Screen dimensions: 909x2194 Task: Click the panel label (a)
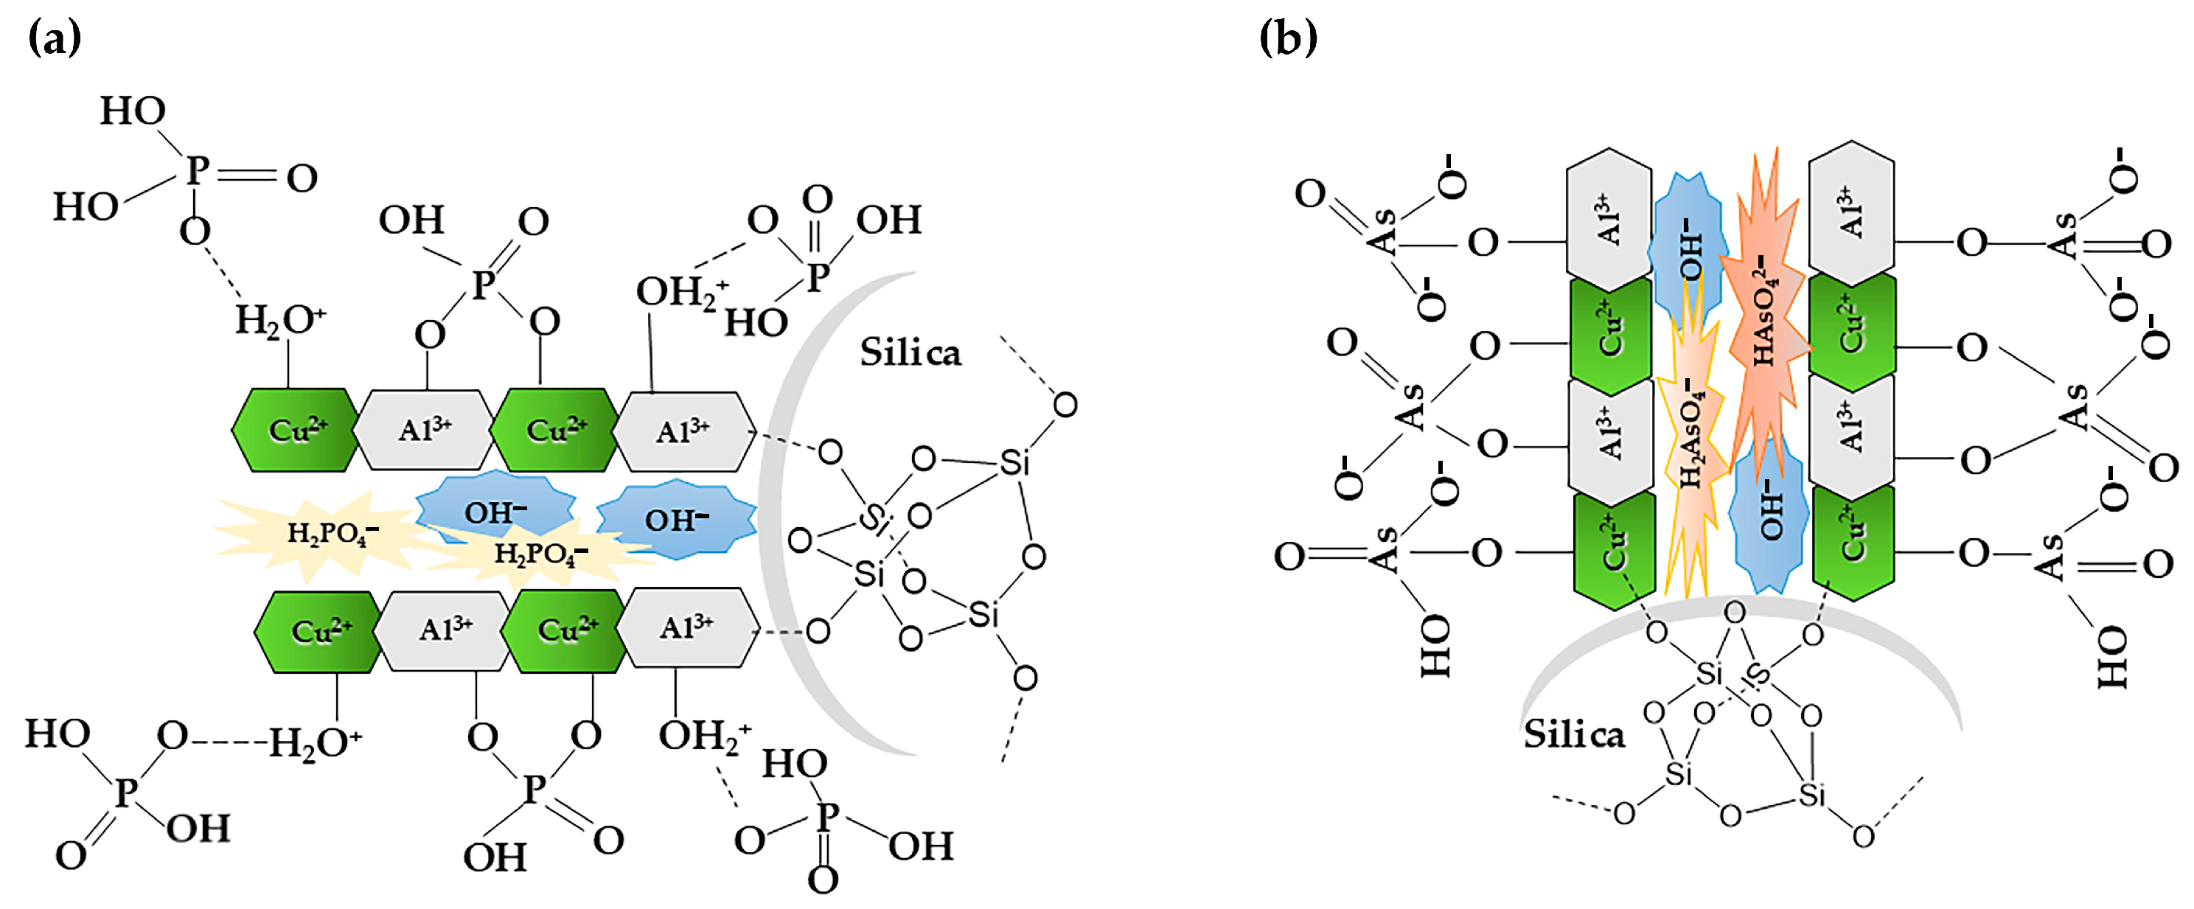tap(55, 38)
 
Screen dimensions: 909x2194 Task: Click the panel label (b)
tap(1288, 38)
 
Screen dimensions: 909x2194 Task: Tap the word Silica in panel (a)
tap(910, 352)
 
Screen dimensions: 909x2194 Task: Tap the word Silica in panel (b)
tap(1574, 734)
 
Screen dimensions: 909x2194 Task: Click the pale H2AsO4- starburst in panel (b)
tap(1690, 434)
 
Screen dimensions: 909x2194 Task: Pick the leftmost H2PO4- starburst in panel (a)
tap(328, 533)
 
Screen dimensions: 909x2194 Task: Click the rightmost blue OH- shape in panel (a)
tap(676, 519)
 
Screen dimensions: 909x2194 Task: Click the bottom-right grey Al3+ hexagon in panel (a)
tap(686, 628)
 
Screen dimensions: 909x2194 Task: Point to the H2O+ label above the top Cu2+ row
tap(279, 320)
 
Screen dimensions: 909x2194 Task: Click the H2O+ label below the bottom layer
tap(313, 743)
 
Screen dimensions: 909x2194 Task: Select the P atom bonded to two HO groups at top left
tap(196, 170)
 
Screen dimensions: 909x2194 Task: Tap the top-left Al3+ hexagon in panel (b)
tap(1608, 219)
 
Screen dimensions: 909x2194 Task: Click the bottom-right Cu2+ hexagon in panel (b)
tap(1853, 537)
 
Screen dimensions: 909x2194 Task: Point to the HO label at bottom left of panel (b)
tap(1435, 647)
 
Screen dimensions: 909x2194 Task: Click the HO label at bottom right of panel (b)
tap(2112, 657)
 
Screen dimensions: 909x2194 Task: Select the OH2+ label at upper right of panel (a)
tap(680, 292)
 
